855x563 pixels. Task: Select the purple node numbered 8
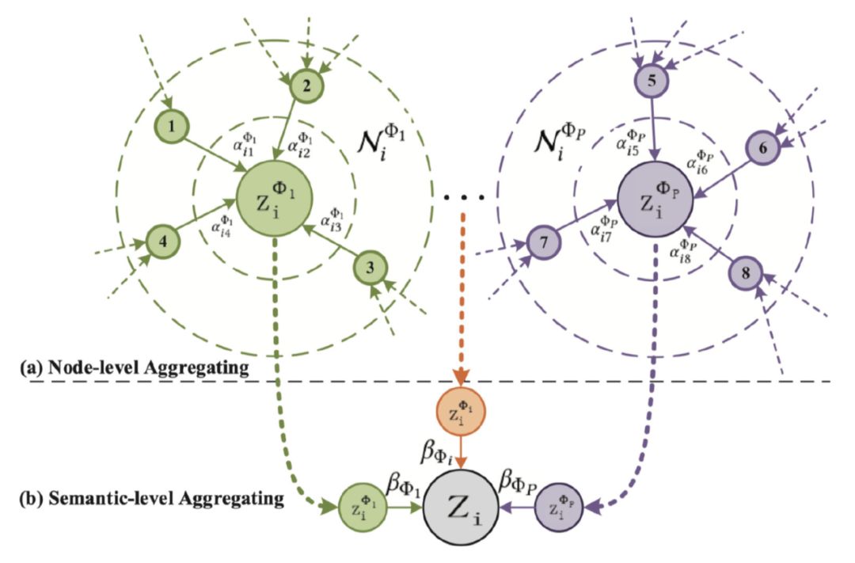click(745, 273)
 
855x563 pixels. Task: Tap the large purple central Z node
click(656, 196)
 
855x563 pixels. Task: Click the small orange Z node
click(460, 414)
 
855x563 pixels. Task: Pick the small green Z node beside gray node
click(362, 507)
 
